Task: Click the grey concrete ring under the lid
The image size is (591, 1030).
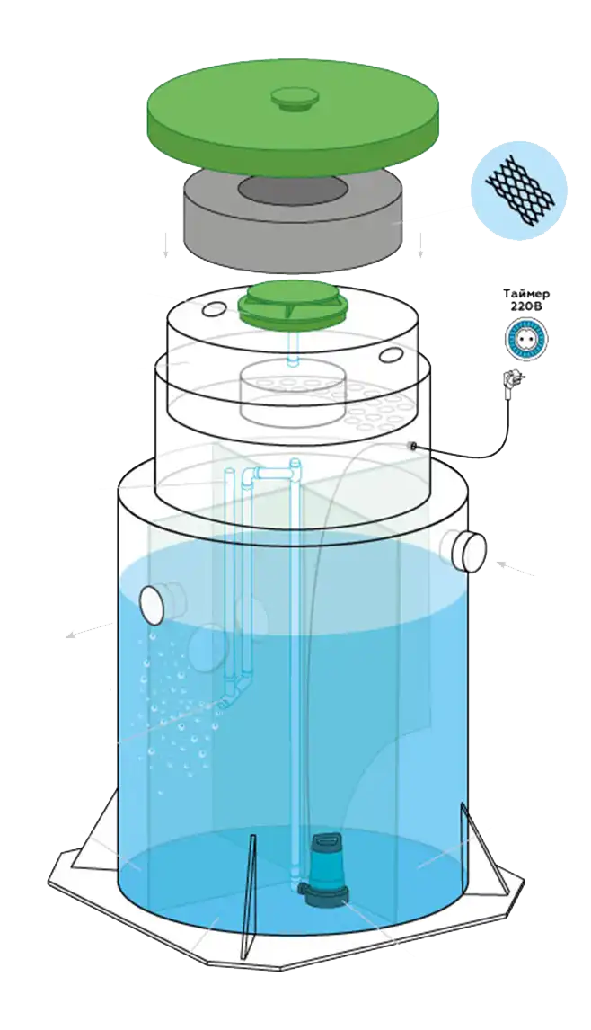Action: pos(225,229)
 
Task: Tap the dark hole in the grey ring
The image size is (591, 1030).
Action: pos(292,191)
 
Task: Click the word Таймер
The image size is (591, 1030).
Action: pos(527,295)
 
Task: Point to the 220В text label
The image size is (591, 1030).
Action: pos(527,307)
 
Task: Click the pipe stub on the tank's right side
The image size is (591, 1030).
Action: pos(467,550)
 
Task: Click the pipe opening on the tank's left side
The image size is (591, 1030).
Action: pos(158,603)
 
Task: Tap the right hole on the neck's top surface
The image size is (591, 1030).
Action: pos(392,356)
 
